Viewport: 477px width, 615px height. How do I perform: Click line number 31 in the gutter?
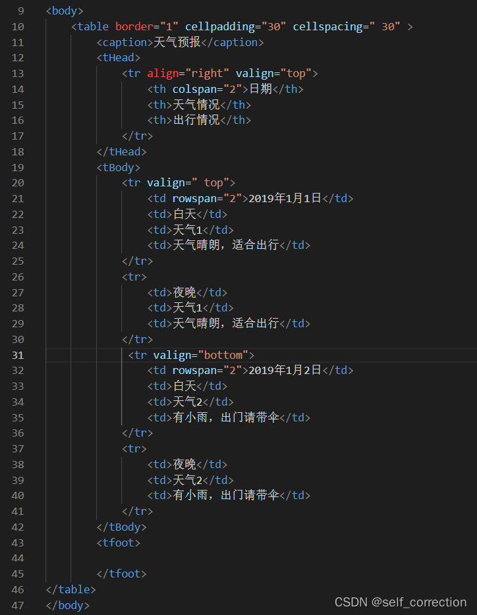pos(18,355)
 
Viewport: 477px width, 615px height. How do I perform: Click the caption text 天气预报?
pos(176,42)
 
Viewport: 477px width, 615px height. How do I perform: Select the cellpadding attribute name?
pos(217,26)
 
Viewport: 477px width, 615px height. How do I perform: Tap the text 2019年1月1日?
pos(285,198)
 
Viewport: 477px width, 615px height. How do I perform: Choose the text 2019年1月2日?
pos(285,370)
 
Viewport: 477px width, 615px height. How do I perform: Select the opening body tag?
pos(65,11)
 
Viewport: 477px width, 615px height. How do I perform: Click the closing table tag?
pos(71,589)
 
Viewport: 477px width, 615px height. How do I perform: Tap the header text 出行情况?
pos(196,120)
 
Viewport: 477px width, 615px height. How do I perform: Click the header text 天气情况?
pos(196,105)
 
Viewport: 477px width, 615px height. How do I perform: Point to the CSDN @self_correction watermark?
pos(401,602)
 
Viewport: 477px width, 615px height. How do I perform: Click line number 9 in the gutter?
pos(20,11)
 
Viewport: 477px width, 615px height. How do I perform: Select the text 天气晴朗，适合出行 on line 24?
pos(226,245)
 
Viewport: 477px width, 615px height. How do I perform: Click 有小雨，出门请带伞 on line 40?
pos(226,495)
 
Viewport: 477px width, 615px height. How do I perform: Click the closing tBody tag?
pos(121,527)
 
